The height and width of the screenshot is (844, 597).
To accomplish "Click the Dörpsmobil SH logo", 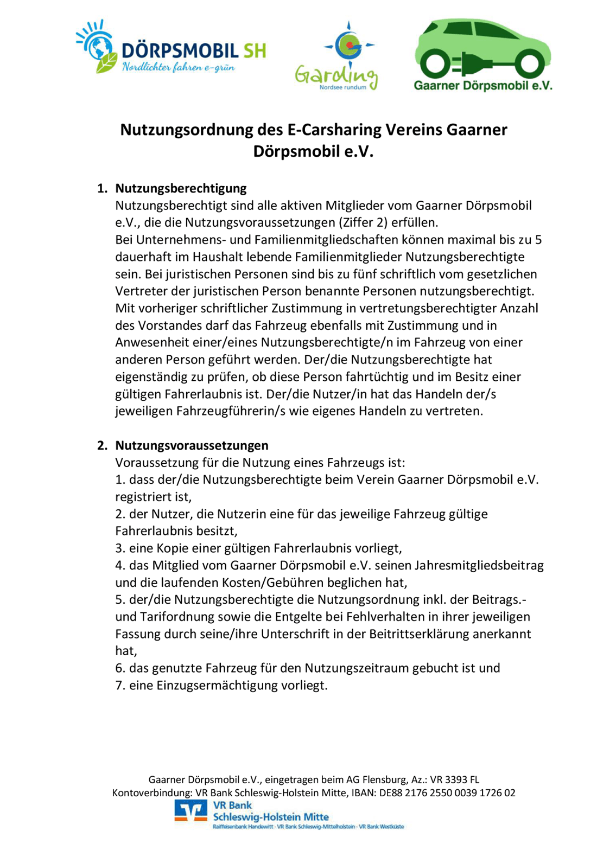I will [171, 48].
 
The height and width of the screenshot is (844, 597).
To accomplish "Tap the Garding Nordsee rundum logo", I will [336, 56].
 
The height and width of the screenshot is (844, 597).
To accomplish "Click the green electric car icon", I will [482, 49].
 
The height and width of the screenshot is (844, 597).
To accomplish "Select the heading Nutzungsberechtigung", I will [181, 188].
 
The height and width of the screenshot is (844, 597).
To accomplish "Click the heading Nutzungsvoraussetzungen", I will [192, 445].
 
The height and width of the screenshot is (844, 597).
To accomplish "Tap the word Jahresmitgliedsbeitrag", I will [479, 565].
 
